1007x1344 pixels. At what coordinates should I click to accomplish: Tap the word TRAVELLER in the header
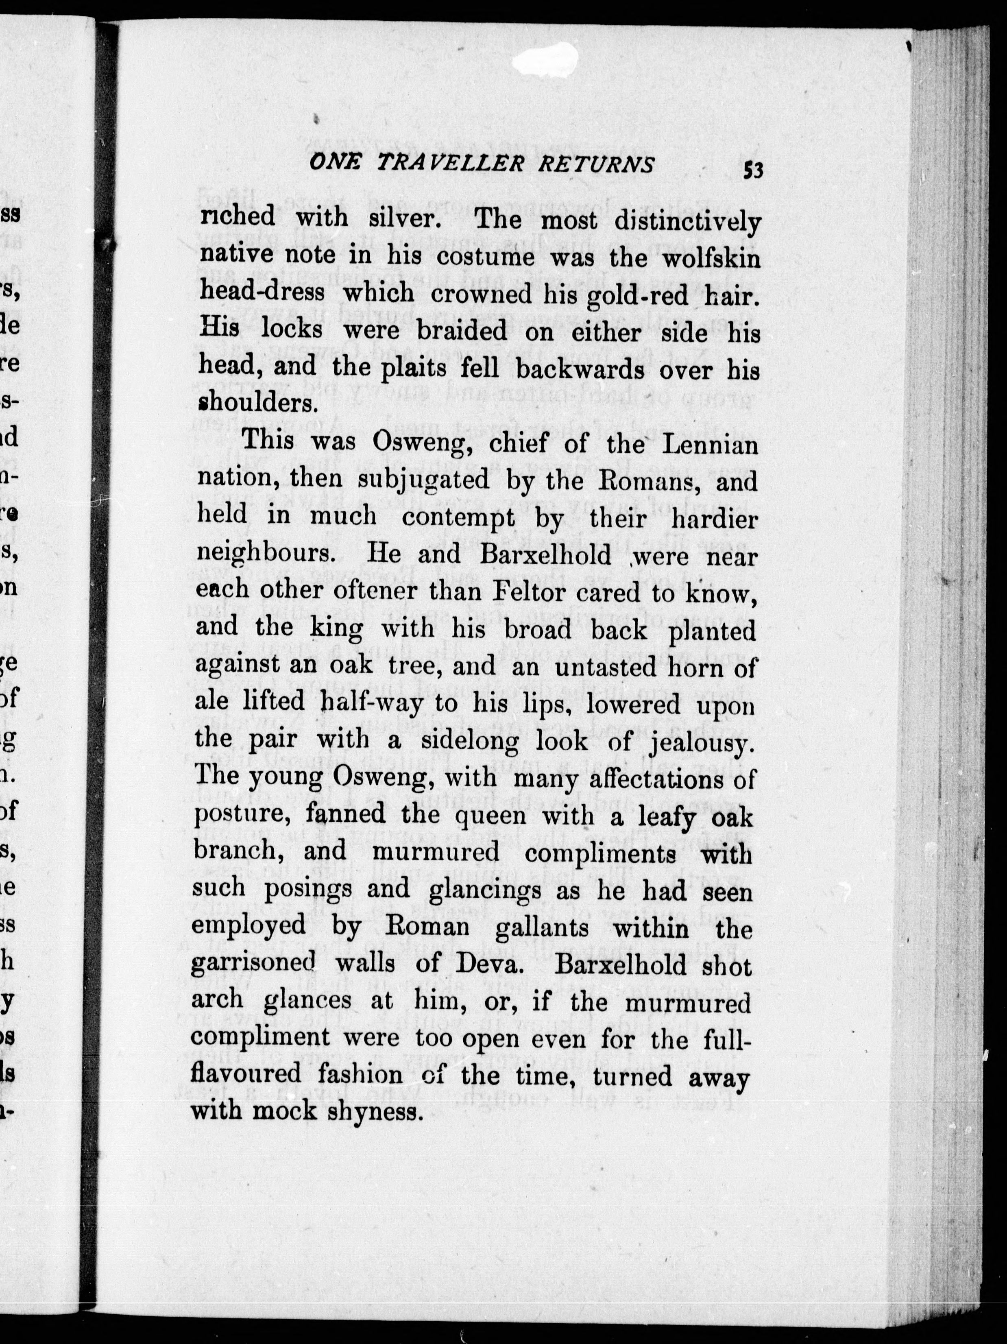coord(447,164)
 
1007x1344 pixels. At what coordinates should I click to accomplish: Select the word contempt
coord(458,518)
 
